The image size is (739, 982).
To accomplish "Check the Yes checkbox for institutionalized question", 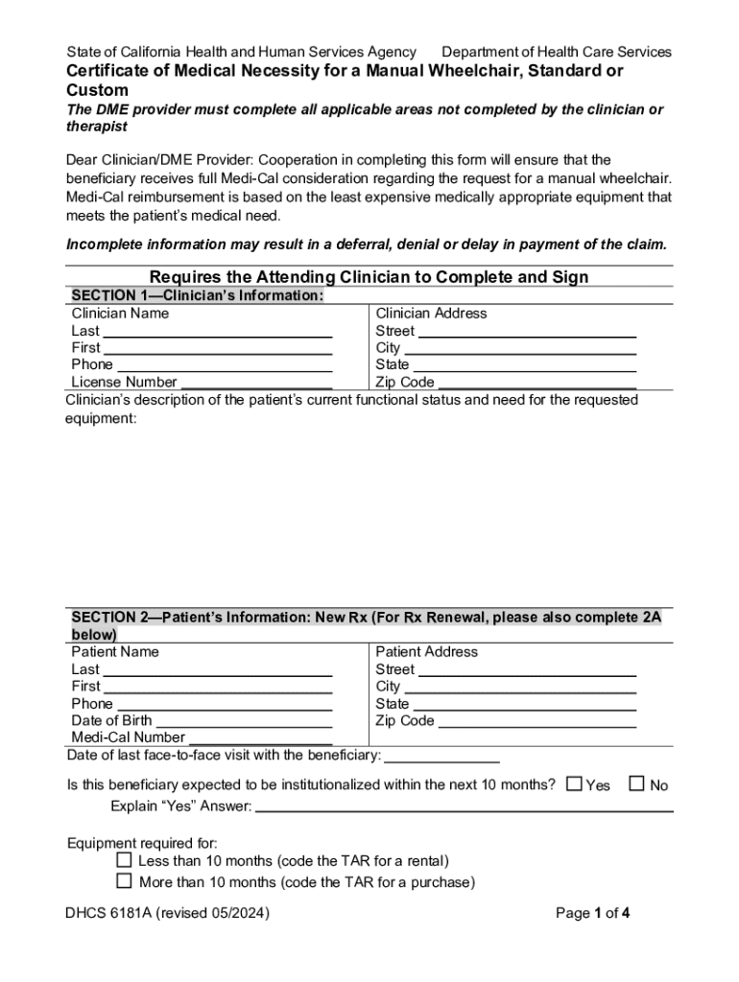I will (x=574, y=783).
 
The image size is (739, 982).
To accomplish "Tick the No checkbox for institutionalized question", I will (x=637, y=783).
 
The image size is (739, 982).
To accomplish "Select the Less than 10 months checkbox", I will (x=124, y=859).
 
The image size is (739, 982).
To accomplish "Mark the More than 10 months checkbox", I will (x=124, y=879).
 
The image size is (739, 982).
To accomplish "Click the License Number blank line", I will (x=256, y=382).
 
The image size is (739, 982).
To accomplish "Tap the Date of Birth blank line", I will (x=244, y=720).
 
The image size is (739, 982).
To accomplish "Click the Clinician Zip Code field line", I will (x=536, y=382).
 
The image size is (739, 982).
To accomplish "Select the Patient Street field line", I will (x=527, y=669).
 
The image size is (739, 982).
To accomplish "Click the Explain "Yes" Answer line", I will (x=465, y=806).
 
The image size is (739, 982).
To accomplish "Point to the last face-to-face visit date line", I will (x=442, y=755).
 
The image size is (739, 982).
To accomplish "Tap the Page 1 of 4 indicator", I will (x=592, y=913).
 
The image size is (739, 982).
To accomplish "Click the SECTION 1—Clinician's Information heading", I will (x=197, y=295).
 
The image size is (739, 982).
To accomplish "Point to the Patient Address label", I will (x=426, y=652).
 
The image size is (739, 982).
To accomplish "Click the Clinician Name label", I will (x=120, y=314).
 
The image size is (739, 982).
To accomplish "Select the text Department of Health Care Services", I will (x=556, y=52).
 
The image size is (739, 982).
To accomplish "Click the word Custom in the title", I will (x=97, y=90).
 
